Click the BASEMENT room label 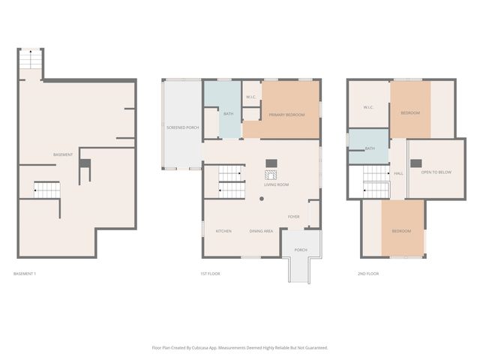(63, 154)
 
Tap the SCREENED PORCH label (182, 127)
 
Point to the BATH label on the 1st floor (228, 114)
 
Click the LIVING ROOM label (276, 184)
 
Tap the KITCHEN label (223, 231)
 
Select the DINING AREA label (261, 231)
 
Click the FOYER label (294, 217)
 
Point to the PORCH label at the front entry (301, 250)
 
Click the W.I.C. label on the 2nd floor (368, 107)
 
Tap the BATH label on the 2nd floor (370, 148)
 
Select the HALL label (398, 173)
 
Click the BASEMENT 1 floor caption (25, 274)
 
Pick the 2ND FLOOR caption (367, 274)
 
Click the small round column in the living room (261, 199)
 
